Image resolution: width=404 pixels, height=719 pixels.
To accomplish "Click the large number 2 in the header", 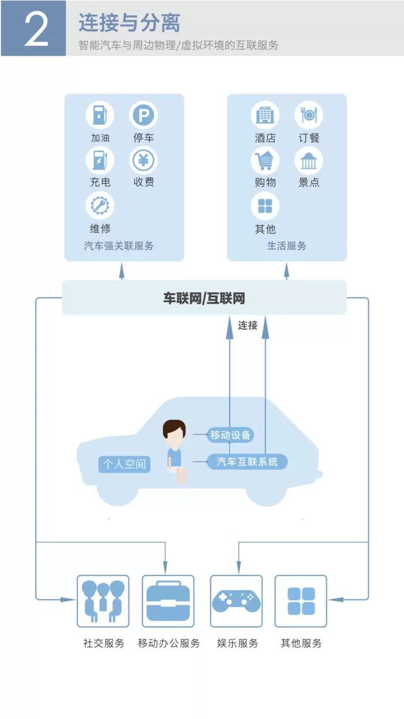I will (36, 29).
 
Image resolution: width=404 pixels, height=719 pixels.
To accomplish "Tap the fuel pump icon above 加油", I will (100, 115).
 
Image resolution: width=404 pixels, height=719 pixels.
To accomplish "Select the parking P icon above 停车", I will (143, 115).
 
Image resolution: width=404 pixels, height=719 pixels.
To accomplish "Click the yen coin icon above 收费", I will (143, 160).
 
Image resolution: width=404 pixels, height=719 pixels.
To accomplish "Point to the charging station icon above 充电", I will (100, 160).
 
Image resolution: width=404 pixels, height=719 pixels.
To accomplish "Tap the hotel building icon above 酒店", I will (265, 115).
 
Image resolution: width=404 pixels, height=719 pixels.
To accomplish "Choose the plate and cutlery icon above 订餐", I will (309, 115).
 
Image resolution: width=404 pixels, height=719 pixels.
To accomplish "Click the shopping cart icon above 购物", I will (265, 160).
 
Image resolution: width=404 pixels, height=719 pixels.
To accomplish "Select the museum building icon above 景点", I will (309, 160).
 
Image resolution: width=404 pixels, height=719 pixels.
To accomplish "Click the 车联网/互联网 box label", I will (204, 298).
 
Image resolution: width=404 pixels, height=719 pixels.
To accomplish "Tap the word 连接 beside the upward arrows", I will (248, 326).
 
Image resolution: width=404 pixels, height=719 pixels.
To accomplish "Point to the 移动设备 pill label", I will (231, 435).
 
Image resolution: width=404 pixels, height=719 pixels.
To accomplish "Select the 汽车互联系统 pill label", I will (247, 461).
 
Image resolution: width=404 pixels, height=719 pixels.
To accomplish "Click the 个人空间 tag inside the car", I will (124, 464).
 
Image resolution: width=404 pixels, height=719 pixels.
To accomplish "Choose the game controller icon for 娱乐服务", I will (236, 601).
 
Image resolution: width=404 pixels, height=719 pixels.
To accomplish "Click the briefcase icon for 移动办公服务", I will (168, 601).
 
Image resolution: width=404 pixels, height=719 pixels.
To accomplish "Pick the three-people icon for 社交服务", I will (103, 601).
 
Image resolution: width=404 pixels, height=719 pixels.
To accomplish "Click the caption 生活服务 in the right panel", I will (286, 246).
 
